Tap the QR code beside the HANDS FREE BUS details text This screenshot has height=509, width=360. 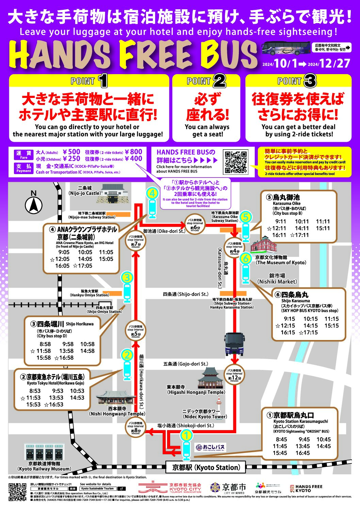pos(235,163)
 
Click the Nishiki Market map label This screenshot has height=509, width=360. pos(277,278)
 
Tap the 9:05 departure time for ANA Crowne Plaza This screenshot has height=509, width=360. pos(64,252)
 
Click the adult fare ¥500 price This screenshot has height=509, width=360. pos(71,152)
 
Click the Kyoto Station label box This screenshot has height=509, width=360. pos(206,468)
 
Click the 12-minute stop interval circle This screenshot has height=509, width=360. pos(234,375)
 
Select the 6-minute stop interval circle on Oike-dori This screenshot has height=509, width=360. pos(195,224)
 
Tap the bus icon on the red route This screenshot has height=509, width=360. pos(234,344)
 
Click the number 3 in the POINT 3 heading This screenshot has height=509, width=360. pos(310,81)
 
